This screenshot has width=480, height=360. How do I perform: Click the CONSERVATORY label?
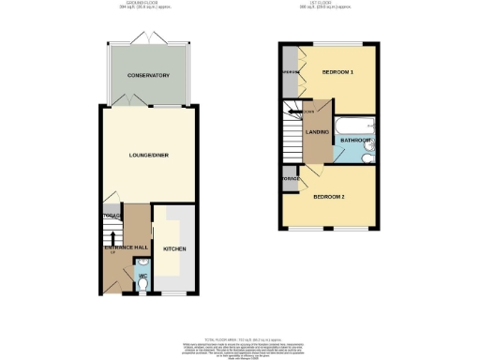[149, 75]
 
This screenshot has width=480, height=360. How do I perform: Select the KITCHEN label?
[175, 249]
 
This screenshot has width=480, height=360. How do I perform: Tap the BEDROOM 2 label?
[331, 197]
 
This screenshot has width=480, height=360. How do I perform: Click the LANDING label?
[318, 132]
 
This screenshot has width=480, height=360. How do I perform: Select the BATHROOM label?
[356, 142]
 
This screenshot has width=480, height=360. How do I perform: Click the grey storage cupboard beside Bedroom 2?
[290, 178]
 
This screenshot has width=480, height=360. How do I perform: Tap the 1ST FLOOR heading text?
[330, 4]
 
